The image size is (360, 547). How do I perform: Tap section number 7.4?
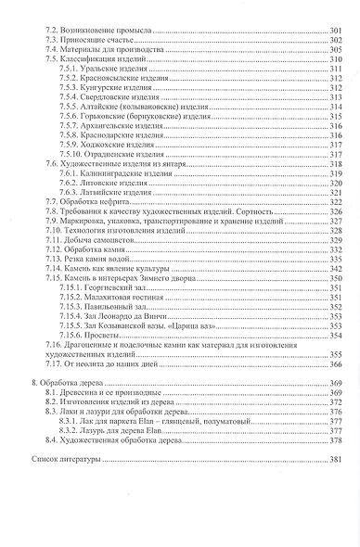pyautogui.click(x=53, y=50)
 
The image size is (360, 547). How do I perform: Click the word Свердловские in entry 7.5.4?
pyautogui.click(x=106, y=98)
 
